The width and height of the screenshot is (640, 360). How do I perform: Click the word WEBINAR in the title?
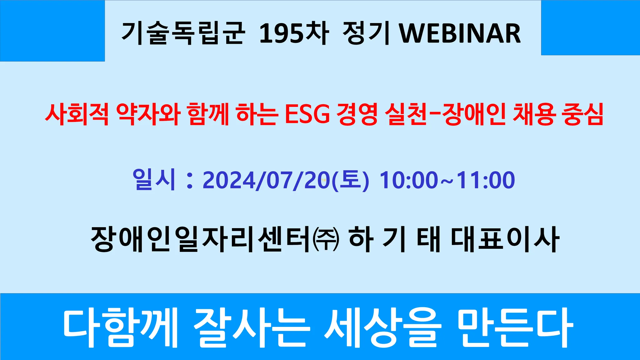click(x=460, y=33)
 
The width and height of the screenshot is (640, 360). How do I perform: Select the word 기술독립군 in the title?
click(x=183, y=33)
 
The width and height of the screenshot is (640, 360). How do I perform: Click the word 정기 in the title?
click(x=366, y=33)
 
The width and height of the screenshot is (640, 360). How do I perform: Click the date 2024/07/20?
click(x=267, y=180)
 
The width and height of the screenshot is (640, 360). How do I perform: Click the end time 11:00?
click(x=486, y=180)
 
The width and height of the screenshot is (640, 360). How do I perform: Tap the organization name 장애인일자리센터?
click(x=202, y=239)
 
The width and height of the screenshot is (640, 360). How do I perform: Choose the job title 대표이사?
click(x=505, y=239)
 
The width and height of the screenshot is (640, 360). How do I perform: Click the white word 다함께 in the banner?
click(x=120, y=327)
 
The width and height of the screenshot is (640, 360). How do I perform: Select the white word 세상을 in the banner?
click(x=383, y=327)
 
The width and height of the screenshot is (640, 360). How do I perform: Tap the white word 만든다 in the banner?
click(x=516, y=327)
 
